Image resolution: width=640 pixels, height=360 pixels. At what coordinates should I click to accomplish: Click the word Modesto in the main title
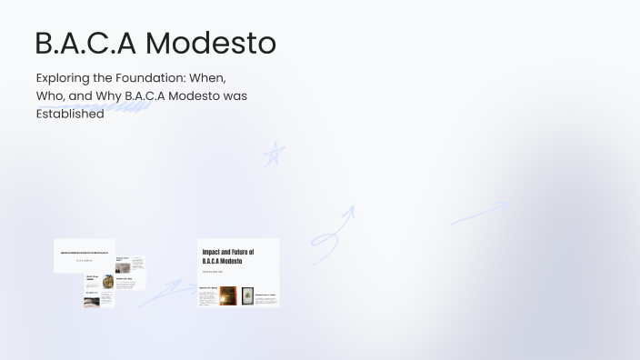[x=211, y=43]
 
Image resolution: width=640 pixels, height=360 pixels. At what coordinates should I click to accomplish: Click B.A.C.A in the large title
[x=85, y=43]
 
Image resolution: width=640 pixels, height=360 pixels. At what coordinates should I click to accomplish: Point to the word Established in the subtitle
[x=70, y=115]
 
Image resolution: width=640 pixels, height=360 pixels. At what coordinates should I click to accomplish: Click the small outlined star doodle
[x=273, y=155]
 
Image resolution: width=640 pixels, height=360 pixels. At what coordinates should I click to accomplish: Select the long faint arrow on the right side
[x=480, y=213]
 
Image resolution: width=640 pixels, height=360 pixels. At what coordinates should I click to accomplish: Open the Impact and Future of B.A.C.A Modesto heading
[x=227, y=255]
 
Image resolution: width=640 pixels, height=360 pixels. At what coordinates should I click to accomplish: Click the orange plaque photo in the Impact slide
[x=228, y=295]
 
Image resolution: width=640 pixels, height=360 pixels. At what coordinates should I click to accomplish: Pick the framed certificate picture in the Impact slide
[x=247, y=295]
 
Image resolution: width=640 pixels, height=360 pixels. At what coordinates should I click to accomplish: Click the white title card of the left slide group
[x=84, y=255]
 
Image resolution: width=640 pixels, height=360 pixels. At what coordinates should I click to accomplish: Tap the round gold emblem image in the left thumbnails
[x=108, y=280]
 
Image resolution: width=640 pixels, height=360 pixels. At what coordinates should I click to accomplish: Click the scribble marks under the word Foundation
[x=127, y=105]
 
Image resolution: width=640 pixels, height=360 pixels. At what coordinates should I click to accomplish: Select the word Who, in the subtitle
[x=51, y=96]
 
